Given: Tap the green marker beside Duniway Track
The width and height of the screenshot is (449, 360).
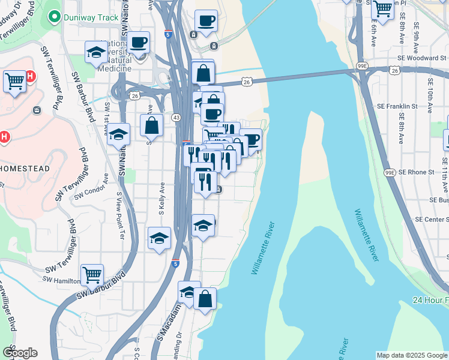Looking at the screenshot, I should (55, 17).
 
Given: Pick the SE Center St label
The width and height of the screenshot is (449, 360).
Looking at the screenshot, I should (433, 220).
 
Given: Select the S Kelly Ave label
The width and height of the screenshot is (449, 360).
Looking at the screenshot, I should (161, 200).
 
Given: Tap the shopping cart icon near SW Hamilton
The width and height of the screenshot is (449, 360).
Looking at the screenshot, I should (92, 275).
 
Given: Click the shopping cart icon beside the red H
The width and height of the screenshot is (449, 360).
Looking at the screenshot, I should (14, 80).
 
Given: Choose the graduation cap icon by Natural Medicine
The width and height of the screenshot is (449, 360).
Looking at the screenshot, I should (96, 53).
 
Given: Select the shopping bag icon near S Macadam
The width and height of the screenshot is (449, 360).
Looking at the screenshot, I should (204, 299).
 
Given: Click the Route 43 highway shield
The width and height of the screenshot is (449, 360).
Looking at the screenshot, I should (176, 117).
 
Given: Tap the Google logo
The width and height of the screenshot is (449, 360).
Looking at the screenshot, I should (20, 353).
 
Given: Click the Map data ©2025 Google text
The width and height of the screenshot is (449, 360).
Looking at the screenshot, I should (412, 355).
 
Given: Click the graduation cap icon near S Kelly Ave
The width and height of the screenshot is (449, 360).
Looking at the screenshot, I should (159, 238).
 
